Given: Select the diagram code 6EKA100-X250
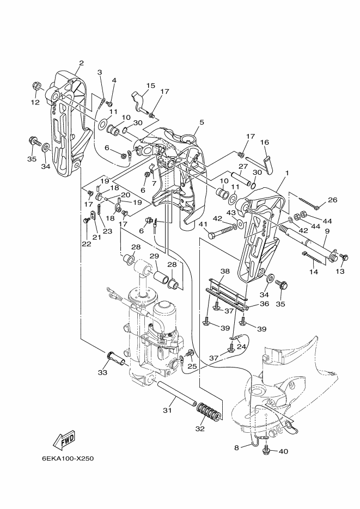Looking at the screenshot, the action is tap(68, 459).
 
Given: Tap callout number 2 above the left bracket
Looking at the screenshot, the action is tap(81, 63).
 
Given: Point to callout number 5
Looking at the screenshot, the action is tap(202, 122).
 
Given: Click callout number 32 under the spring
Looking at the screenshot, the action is tap(200, 428).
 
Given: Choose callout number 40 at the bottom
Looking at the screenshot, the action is tap(283, 451).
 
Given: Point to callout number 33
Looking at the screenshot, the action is tap(102, 373).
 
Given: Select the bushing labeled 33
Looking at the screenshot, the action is tap(115, 358).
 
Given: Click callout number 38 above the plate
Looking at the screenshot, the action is tap(225, 271).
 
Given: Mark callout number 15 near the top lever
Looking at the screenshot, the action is tap(150, 85).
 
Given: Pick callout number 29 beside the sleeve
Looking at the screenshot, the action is tap(154, 256).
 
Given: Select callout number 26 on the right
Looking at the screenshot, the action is tap(333, 200).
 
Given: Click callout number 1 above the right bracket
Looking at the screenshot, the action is tap(286, 173).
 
